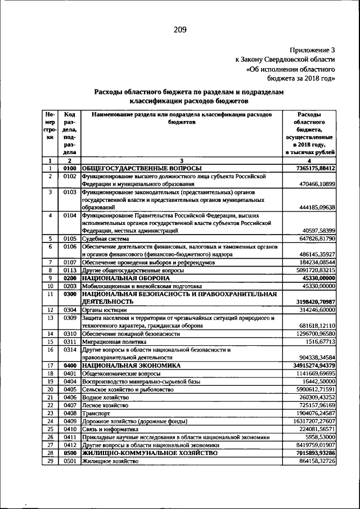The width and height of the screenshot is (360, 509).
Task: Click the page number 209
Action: (x=180, y=29)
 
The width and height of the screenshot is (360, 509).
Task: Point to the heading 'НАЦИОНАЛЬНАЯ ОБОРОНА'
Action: (x=125, y=278)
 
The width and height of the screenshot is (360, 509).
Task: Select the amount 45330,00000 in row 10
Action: (x=317, y=286)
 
